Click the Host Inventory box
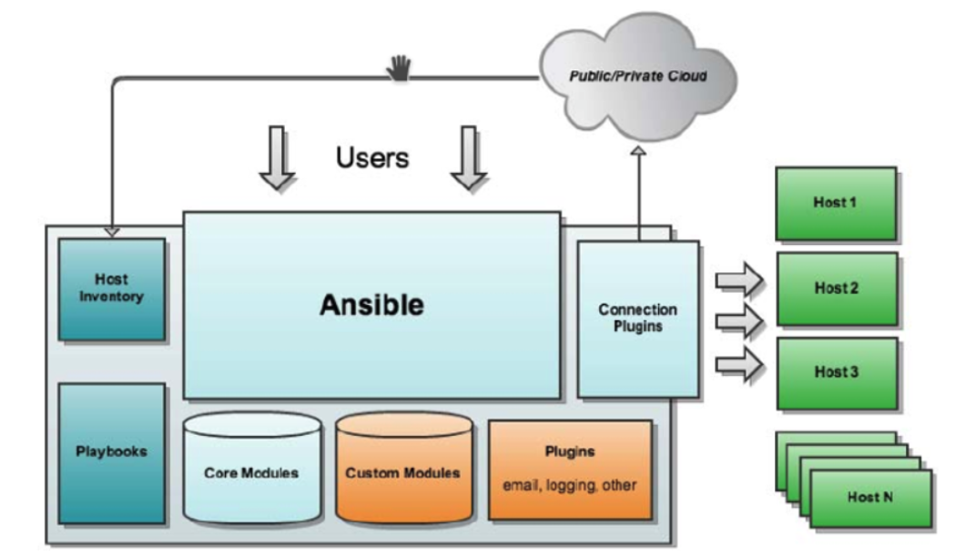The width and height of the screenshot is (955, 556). (112, 289)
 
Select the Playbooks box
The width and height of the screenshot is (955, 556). (112, 452)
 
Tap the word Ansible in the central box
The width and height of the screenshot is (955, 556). (371, 305)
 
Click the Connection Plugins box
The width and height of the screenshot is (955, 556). (637, 318)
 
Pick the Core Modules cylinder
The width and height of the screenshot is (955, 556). (251, 472)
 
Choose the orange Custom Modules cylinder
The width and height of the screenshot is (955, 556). (402, 472)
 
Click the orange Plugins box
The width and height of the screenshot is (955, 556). (570, 469)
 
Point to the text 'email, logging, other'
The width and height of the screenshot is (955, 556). (570, 485)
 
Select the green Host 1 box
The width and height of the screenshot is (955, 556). (835, 202)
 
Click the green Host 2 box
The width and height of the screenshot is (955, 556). (835, 288)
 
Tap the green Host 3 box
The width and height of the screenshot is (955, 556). (835, 373)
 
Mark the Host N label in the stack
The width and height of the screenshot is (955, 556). (869, 497)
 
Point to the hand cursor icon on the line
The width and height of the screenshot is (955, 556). (401, 67)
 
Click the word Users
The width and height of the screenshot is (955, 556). (372, 157)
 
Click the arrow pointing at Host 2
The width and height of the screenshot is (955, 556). (738, 319)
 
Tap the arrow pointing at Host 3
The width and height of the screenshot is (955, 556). (738, 364)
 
